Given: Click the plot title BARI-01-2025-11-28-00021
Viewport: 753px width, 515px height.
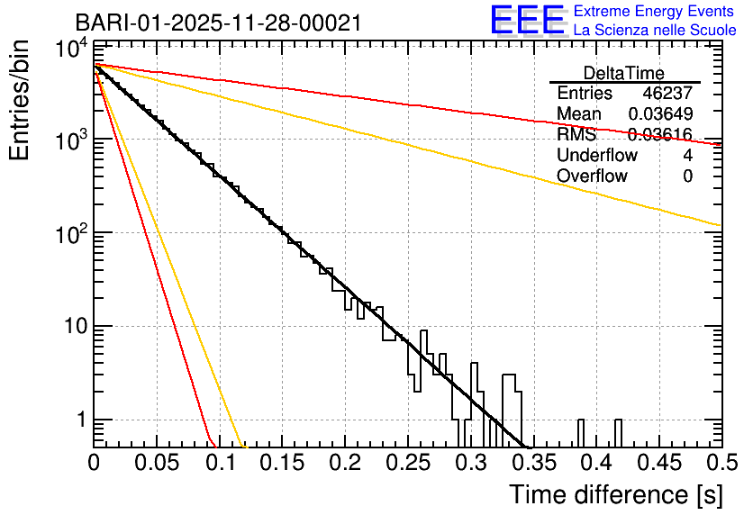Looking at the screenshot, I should point(218,23).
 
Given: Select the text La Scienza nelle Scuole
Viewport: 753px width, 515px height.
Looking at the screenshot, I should point(655,31).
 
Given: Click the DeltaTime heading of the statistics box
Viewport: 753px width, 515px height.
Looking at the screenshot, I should point(624,73).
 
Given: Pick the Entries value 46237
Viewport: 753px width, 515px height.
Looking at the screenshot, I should point(667,94).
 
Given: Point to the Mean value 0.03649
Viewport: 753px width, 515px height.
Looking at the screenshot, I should point(660,114).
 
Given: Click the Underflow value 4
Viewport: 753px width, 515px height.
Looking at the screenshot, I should point(687,156).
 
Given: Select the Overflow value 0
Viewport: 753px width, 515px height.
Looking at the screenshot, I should point(687,176).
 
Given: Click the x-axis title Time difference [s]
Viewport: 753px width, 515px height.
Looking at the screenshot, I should point(614,494).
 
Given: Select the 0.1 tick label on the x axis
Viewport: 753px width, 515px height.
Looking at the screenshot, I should point(219,463).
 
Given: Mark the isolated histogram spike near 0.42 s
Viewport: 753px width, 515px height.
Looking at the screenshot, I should point(618,433).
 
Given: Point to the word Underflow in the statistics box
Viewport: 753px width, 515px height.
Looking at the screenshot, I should point(597,156).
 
